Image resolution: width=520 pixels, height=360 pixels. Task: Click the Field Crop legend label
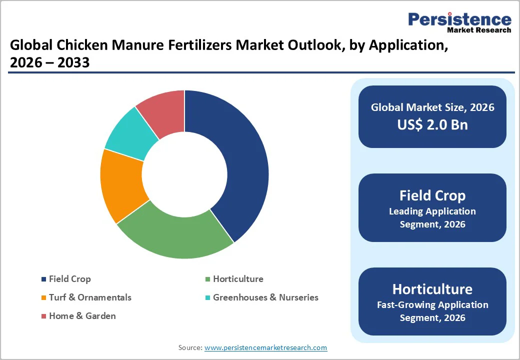tap(69, 279)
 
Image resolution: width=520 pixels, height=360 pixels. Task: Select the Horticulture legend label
tap(238, 279)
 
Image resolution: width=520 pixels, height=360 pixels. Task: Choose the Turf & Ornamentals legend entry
tap(90, 297)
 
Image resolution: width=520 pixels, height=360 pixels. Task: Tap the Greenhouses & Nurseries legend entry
tap(265, 297)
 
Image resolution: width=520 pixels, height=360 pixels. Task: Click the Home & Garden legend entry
tap(82, 316)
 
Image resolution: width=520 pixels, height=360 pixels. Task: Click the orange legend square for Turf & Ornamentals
tap(44, 298)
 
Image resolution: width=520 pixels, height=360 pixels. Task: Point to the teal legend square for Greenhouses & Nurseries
tap(208, 298)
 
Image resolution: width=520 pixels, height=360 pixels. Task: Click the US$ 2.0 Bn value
tap(432, 124)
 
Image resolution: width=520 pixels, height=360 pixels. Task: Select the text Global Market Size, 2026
tap(432, 107)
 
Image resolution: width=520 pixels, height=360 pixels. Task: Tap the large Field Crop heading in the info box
tap(432, 195)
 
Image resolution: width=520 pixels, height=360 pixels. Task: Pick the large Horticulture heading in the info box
tap(432, 289)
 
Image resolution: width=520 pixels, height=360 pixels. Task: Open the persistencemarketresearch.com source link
tap(265, 347)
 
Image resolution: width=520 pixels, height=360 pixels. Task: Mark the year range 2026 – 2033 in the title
tap(49, 62)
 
